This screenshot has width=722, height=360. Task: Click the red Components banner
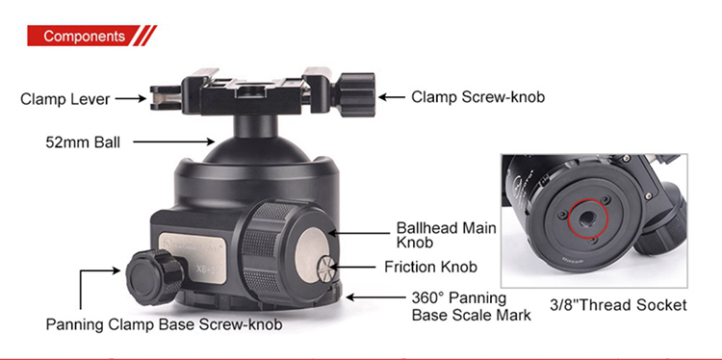pyautogui.click(x=91, y=36)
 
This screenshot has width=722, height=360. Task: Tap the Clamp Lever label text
pyautogui.click(x=64, y=99)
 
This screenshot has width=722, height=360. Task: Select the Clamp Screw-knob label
pyautogui.click(x=477, y=97)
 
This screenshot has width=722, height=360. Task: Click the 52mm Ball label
pyautogui.click(x=83, y=142)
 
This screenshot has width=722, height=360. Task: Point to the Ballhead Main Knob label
pyautogui.click(x=446, y=235)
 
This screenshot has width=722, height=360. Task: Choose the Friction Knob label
pyautogui.click(x=430, y=267)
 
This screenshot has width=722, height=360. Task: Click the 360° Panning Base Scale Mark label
pyautogui.click(x=471, y=306)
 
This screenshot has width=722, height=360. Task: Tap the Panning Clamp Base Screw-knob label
pyautogui.click(x=164, y=324)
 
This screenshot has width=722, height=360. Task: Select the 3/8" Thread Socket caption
pyautogui.click(x=618, y=305)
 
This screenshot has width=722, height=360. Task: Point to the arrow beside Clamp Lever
pyautogui.click(x=130, y=98)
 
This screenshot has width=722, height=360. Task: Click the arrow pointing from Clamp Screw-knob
pyautogui.click(x=391, y=97)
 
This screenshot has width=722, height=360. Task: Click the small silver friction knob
pyautogui.click(x=326, y=269)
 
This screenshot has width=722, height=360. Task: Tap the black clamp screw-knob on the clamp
pyautogui.click(x=353, y=95)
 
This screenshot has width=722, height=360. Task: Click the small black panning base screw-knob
pyautogui.click(x=153, y=277)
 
